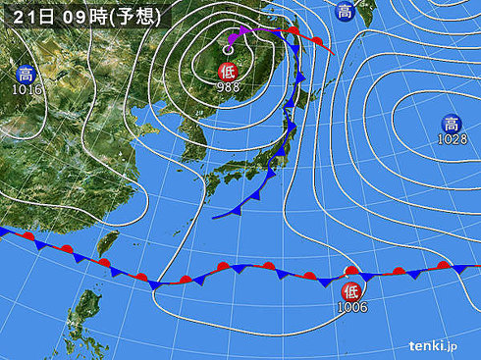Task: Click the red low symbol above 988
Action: click(227, 69)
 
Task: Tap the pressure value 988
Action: click(227, 85)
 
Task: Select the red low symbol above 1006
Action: click(350, 290)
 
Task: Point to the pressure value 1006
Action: click(351, 306)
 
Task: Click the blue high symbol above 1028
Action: click(451, 123)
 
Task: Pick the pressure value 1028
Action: click(451, 139)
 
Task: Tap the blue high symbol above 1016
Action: click(26, 73)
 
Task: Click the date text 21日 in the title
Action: click(31, 14)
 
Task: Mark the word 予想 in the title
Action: click(132, 14)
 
